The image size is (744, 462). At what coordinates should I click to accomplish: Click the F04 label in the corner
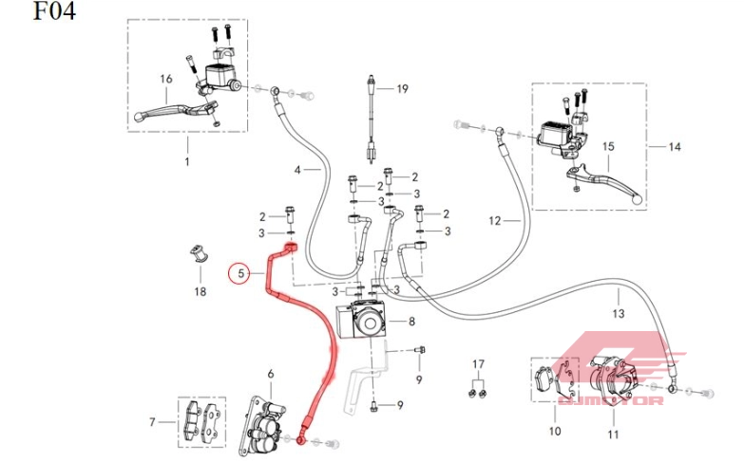click(53, 12)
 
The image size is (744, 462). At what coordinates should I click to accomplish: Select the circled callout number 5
click(241, 274)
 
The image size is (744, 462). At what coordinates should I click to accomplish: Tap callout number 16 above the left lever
click(165, 80)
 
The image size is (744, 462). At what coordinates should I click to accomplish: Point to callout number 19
click(402, 89)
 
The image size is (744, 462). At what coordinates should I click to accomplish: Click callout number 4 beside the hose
click(296, 169)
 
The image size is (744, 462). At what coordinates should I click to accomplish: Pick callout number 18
click(200, 291)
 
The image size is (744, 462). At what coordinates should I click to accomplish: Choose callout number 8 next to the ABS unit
click(411, 322)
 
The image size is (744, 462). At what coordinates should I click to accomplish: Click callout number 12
click(494, 221)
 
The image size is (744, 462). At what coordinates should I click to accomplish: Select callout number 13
click(618, 313)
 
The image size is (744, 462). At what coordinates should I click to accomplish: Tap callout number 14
click(676, 147)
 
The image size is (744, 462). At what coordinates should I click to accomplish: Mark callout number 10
click(555, 431)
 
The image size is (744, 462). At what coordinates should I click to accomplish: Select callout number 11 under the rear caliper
click(613, 434)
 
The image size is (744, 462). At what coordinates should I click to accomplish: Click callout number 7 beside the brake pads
click(152, 422)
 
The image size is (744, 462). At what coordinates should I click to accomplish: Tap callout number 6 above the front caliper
click(270, 374)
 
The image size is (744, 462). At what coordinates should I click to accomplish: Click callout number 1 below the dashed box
click(186, 162)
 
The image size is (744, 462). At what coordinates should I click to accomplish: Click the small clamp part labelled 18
click(200, 255)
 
